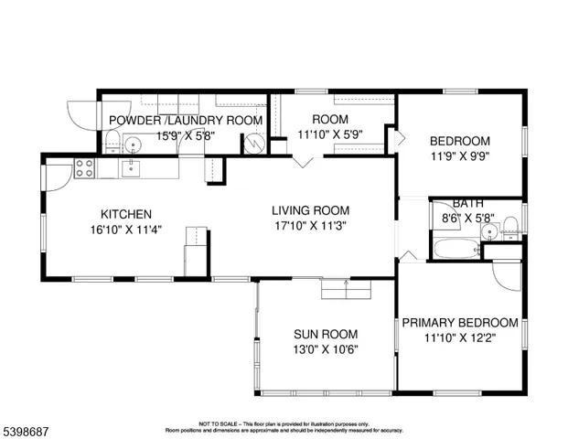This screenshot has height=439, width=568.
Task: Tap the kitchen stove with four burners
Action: [x=84, y=167]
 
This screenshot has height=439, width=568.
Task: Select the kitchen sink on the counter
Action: [x=131, y=166]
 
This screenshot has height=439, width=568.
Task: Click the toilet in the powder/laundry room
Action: [x=112, y=142]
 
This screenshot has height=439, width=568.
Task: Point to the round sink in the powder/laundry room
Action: [x=132, y=144]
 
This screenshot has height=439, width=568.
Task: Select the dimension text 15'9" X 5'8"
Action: [x=186, y=135]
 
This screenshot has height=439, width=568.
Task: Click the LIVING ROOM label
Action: [x=310, y=209]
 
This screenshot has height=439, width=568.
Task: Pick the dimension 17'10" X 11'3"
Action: [x=310, y=225]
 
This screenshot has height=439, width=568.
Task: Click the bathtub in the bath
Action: [x=455, y=248]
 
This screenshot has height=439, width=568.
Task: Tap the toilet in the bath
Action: [x=510, y=228]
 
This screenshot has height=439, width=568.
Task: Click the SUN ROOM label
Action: [x=326, y=334]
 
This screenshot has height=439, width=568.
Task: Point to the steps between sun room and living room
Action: [x=346, y=289]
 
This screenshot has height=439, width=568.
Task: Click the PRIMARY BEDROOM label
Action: [x=460, y=323]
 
